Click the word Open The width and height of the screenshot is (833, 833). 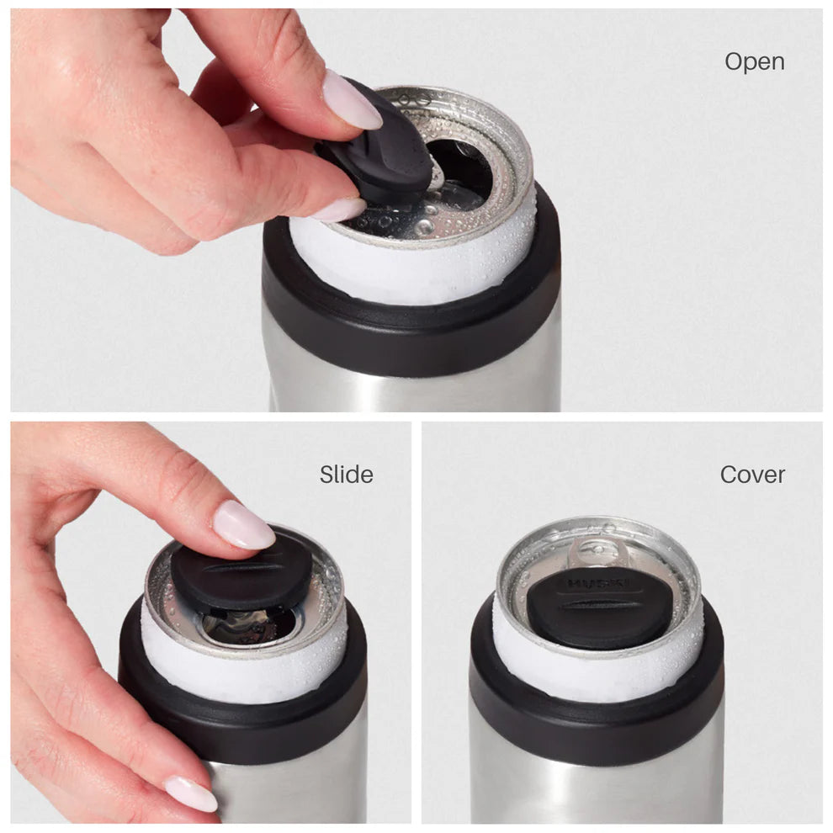[754, 61]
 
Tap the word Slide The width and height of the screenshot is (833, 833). [346, 475]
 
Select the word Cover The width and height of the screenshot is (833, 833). [752, 475]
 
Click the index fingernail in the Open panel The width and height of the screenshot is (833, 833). [351, 100]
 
